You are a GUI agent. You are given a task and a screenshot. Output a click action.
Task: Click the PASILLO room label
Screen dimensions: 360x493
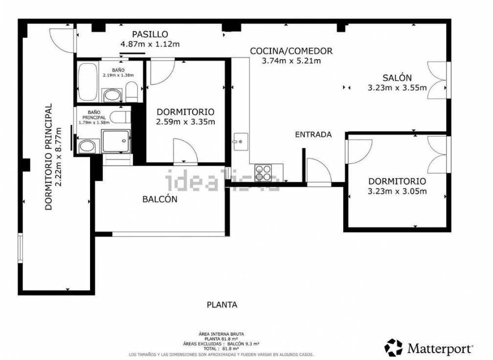pos(150,34)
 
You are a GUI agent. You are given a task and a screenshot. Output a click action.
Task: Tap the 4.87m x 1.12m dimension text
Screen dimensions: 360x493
pos(150,44)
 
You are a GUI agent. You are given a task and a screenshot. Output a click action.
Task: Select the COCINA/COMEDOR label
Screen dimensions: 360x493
pos(291,51)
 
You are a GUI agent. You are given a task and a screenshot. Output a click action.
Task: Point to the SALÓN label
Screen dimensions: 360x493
pos(397,78)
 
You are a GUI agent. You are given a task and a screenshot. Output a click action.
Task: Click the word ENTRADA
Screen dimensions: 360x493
pos(314,135)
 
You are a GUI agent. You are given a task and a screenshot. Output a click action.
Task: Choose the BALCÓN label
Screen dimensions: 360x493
pos(159,199)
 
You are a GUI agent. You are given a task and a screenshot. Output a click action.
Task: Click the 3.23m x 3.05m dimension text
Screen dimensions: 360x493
pos(397,191)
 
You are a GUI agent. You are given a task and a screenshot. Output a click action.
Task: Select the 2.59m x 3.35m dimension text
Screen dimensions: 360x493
pos(185,122)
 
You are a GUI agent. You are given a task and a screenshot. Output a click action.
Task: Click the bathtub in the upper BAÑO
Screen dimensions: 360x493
pos(88,81)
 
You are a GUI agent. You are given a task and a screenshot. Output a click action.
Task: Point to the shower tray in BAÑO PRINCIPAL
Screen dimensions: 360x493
pos(116,141)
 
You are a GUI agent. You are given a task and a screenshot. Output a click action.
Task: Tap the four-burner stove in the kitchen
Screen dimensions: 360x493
pos(264,173)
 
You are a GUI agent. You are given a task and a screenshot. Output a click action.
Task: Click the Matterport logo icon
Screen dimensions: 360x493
pos(394,348)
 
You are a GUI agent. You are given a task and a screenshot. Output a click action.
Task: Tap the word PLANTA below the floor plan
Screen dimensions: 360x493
pos(222,305)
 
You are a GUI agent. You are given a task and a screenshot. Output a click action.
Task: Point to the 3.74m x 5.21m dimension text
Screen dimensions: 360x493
pos(291,61)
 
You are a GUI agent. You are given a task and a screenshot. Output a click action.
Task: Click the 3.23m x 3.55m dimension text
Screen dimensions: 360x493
pos(397,88)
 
